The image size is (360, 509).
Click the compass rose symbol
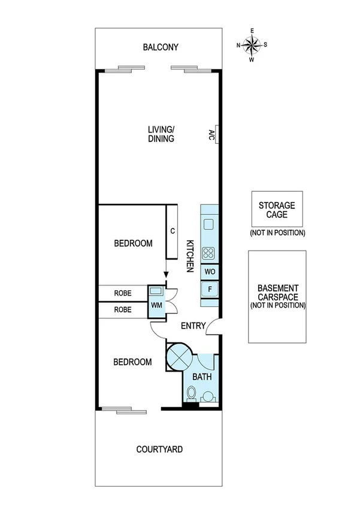252,44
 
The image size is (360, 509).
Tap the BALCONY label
161,47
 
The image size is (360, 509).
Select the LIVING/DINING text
161,134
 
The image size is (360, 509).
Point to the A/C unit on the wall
212,134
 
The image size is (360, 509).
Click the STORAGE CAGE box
276,209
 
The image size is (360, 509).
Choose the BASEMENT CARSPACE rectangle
277,296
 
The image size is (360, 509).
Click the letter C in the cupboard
173,230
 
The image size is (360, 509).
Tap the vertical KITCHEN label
189,257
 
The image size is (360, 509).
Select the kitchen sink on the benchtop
208,225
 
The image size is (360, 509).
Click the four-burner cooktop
209,253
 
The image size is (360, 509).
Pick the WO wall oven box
209,272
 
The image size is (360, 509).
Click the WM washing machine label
156,306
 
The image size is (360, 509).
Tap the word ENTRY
193,326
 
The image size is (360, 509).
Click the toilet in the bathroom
191,394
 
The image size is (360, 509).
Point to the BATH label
200,377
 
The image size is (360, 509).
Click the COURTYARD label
159,448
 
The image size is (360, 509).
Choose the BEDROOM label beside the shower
133,362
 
